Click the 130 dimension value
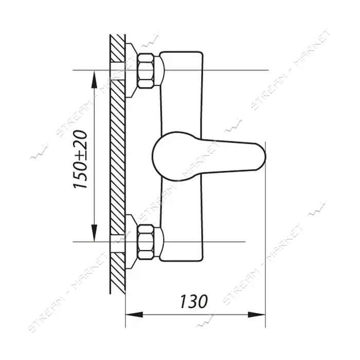[194, 301]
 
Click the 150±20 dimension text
[81, 160]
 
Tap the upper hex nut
[146, 71]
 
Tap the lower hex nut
[146, 242]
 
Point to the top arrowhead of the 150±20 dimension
[94, 79]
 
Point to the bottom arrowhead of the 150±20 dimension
[94, 233]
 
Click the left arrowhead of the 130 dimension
[134, 315]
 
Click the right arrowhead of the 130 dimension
[257, 315]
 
